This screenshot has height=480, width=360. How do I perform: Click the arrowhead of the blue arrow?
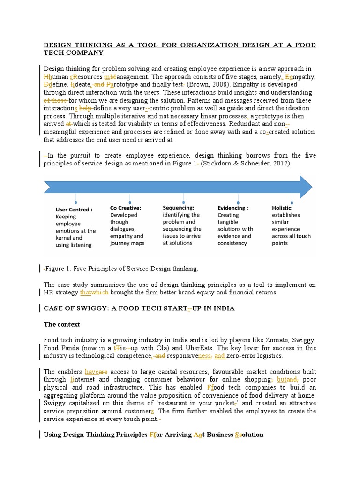[x=305, y=186]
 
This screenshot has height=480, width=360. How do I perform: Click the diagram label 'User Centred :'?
[x=74, y=210]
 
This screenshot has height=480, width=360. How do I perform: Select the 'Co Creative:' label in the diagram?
[x=126, y=207]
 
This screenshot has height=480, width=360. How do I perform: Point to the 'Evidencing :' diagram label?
[x=232, y=208]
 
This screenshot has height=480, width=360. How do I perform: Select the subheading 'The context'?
[x=62, y=324]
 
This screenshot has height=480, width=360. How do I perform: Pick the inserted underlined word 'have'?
[x=92, y=371]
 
